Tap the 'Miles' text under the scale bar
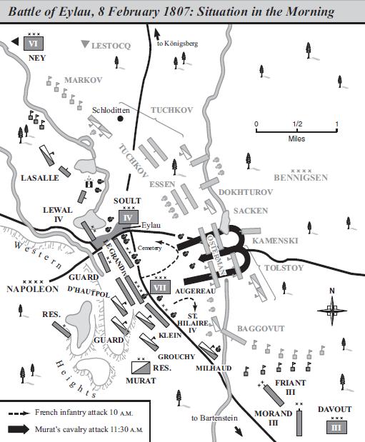click(296, 139)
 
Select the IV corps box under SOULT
click(128, 218)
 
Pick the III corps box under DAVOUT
click(336, 426)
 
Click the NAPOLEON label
click(33, 289)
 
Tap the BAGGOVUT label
click(261, 328)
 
